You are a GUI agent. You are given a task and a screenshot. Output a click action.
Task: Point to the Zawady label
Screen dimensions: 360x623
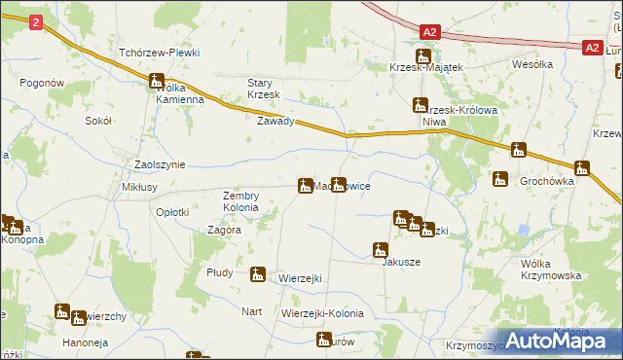click(x=275, y=123)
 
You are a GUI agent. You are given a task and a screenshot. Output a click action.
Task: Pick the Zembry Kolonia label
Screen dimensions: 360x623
click(x=240, y=201)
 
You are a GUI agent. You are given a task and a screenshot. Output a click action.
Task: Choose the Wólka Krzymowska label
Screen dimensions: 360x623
click(x=551, y=269)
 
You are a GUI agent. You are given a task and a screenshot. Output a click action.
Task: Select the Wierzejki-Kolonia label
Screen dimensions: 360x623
click(x=322, y=313)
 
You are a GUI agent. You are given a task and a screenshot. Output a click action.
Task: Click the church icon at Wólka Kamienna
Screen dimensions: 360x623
click(x=157, y=83)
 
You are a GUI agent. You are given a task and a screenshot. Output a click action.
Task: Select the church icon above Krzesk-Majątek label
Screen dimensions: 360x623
click(x=424, y=56)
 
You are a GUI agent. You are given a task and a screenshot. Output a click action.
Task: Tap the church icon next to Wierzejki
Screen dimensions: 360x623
click(x=258, y=274)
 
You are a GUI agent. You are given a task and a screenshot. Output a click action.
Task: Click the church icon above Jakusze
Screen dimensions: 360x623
click(x=382, y=249)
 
